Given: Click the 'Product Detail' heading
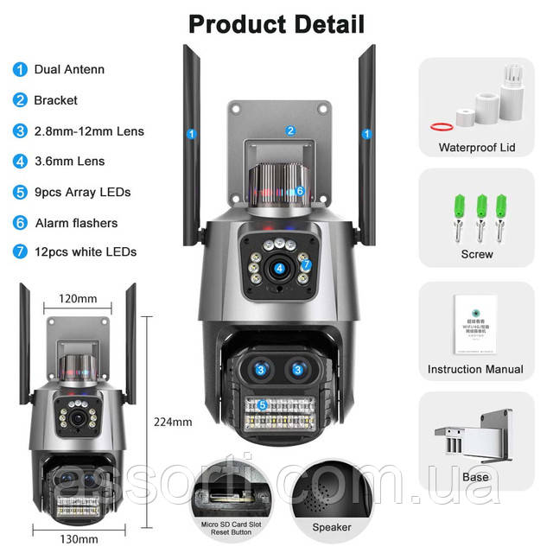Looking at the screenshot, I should click(276, 22).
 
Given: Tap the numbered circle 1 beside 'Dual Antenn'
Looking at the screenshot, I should click(19, 69).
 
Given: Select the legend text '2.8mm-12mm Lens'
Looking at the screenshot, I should click(89, 131).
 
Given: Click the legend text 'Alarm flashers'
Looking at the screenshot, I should click(76, 223).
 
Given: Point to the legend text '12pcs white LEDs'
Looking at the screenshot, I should click(85, 253).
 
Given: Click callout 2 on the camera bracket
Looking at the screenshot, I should click(291, 130).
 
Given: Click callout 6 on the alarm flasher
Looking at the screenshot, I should click(300, 190).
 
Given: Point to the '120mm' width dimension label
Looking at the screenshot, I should click(78, 298).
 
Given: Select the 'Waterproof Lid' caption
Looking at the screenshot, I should click(476, 148).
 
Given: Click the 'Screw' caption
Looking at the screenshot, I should click(476, 254).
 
